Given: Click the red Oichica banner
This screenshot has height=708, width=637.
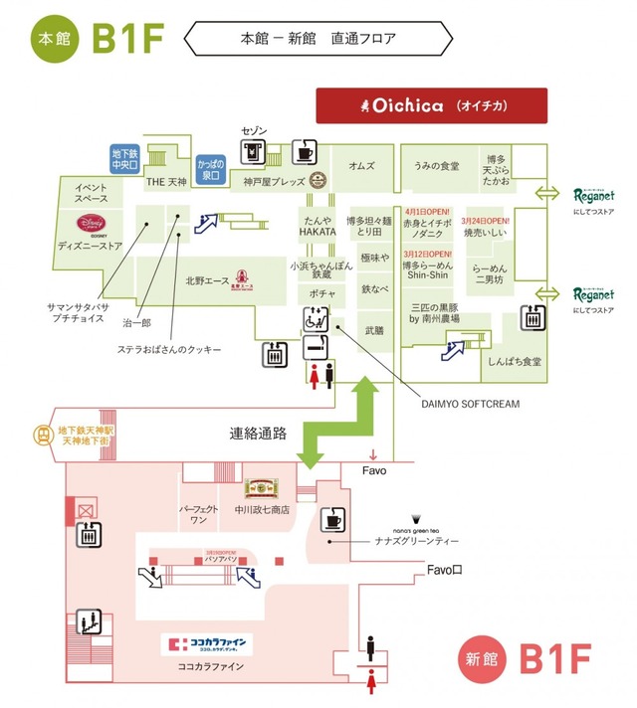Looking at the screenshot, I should pyautogui.click(x=431, y=105).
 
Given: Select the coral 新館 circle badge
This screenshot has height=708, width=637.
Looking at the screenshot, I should pyautogui.click(x=477, y=658).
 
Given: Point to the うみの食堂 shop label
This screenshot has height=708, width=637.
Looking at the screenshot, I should pyautogui.click(x=436, y=166).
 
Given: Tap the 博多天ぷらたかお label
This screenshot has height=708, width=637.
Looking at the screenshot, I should pyautogui.click(x=496, y=171).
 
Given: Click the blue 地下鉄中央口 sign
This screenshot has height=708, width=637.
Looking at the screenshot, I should pyautogui.click(x=124, y=159).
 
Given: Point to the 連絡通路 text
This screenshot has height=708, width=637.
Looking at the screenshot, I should pyautogui.click(x=259, y=434).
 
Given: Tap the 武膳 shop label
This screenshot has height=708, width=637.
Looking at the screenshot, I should pyautogui.click(x=374, y=330).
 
